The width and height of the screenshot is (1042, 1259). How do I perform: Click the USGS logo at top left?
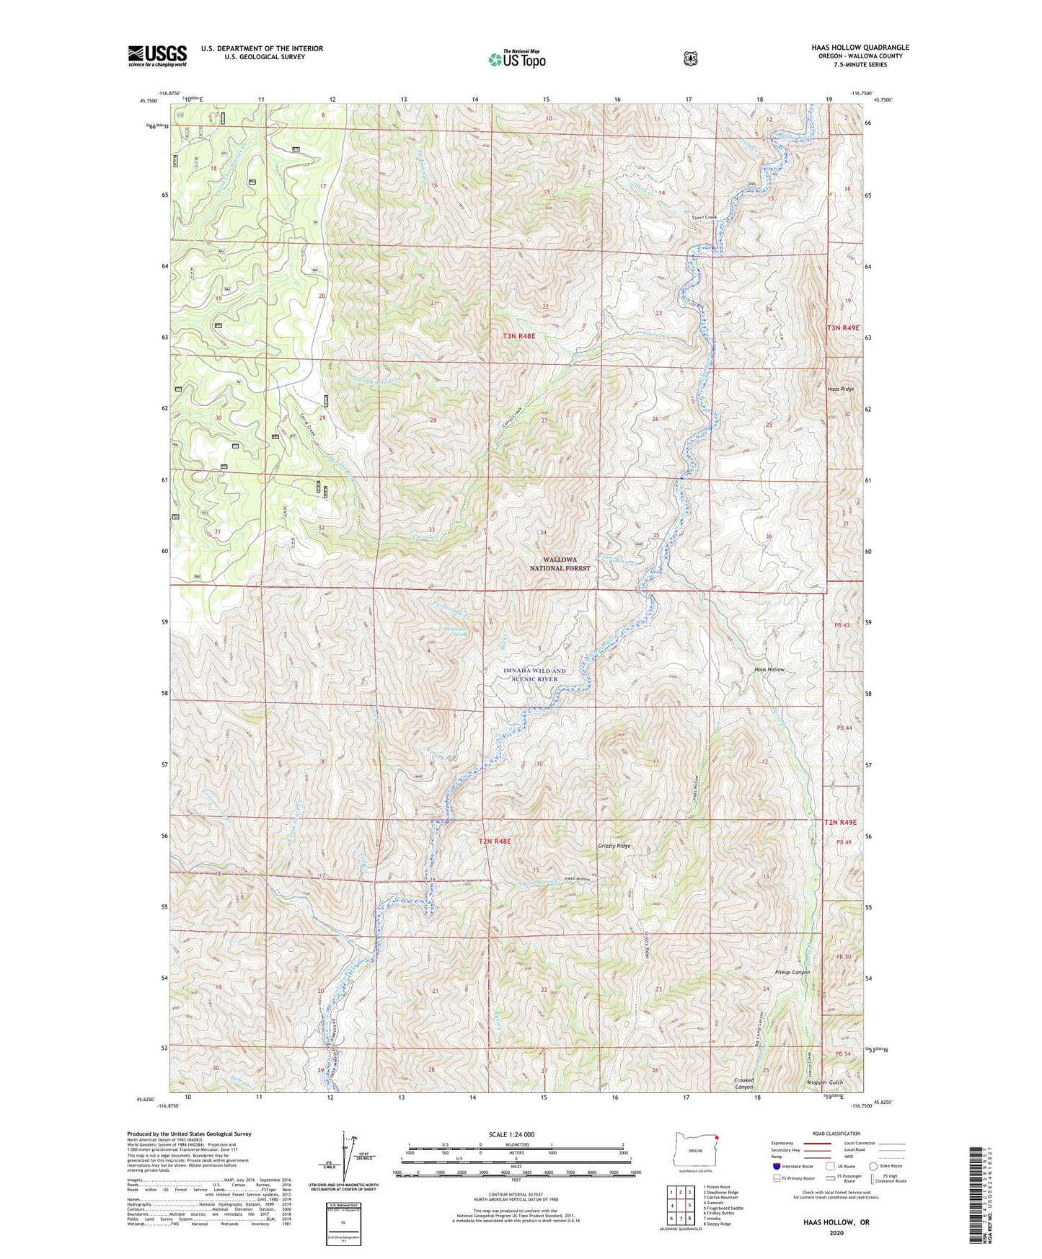click(157, 56)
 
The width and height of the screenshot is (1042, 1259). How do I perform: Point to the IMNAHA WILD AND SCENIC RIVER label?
click(534, 675)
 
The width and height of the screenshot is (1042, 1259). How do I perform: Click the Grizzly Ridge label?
click(614, 846)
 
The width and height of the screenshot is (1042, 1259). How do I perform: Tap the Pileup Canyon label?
click(792, 972)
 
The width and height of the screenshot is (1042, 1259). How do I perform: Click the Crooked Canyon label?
click(743, 1083)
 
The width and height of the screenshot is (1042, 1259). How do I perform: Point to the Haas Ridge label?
click(841, 389)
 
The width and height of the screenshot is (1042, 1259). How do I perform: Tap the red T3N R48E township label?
click(519, 336)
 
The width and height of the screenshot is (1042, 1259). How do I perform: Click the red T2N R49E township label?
click(840, 822)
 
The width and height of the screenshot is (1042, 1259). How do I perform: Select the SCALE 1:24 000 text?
click(516, 1134)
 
